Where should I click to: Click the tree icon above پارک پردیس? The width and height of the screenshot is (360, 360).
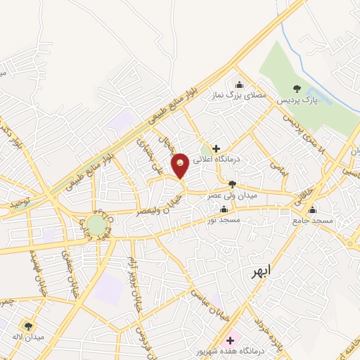point(296,89)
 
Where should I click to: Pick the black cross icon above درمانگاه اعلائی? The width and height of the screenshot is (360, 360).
point(216,149)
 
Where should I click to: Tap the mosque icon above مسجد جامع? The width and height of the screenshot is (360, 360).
point(312,210)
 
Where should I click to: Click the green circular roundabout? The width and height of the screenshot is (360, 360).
point(97,225)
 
